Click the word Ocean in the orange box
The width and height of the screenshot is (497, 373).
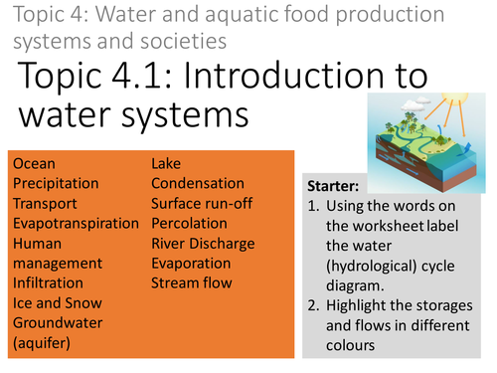tap(35, 163)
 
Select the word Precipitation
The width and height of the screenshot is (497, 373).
tap(56, 183)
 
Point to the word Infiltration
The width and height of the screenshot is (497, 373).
tap(48, 282)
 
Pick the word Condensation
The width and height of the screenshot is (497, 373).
tap(198, 183)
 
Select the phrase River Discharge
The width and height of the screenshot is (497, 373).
tap(204, 243)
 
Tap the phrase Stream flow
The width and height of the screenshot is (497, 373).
tap(192, 282)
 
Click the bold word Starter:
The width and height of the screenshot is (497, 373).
tap(333, 186)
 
